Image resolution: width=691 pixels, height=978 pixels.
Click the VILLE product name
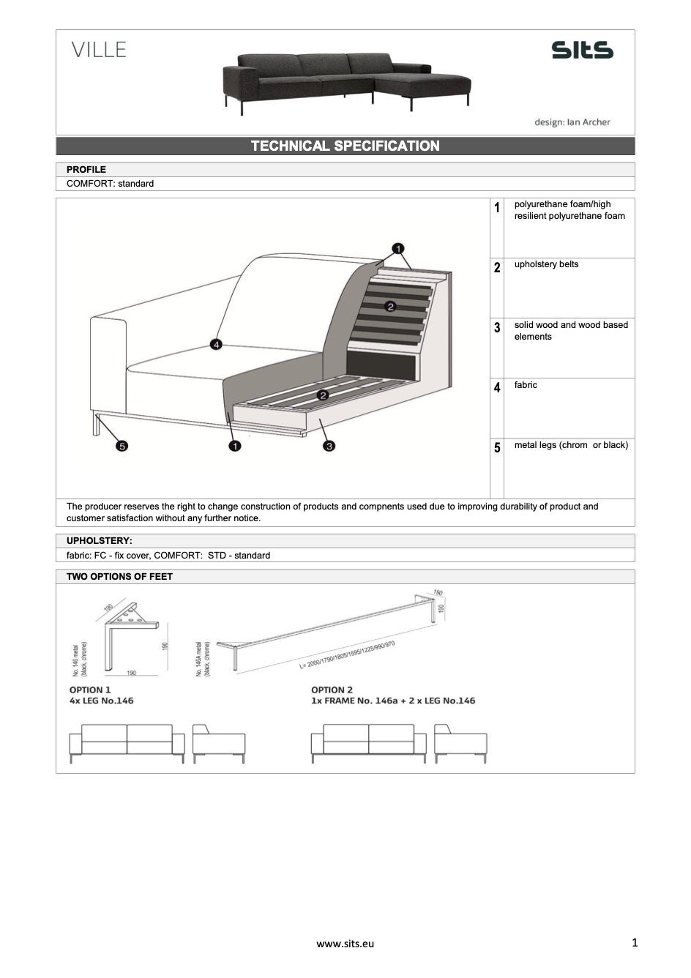[x=99, y=50]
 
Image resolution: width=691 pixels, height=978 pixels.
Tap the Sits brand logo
[x=582, y=50]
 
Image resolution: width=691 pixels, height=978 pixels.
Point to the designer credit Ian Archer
[x=572, y=122]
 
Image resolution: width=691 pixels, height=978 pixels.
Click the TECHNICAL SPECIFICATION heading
[x=345, y=146]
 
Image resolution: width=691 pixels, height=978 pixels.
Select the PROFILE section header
[x=86, y=169]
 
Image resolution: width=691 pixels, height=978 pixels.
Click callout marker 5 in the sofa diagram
[x=122, y=446]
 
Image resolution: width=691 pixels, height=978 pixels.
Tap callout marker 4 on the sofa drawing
[x=216, y=344]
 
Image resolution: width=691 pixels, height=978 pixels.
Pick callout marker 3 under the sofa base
[x=329, y=446]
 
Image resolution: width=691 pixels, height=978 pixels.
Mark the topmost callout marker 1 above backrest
[x=398, y=248]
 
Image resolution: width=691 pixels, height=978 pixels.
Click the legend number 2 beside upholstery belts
[x=497, y=268]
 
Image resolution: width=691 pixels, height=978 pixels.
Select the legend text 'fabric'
[x=526, y=385]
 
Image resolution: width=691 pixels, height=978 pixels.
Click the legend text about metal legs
[x=571, y=445]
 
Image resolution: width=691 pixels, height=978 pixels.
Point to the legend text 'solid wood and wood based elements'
[x=571, y=331]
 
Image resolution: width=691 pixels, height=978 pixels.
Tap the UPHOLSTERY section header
[x=100, y=541]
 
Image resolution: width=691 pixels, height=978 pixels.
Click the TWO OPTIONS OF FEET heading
[x=119, y=577]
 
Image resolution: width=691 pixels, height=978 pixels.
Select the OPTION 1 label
[x=90, y=690]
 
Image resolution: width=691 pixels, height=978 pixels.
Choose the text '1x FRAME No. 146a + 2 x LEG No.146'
[x=393, y=701]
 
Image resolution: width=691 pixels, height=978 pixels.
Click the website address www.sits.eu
[x=345, y=944]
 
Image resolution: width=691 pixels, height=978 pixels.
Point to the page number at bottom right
[x=635, y=942]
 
